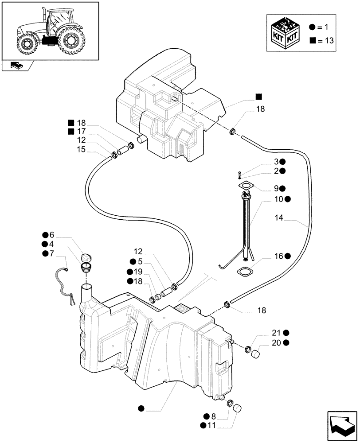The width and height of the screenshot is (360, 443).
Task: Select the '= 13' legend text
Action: (325, 40)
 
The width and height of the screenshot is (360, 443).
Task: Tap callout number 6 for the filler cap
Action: (51, 235)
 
